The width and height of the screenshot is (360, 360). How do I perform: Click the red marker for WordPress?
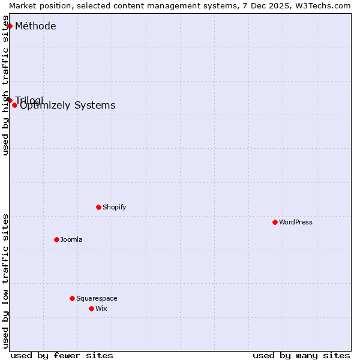pos(275,222)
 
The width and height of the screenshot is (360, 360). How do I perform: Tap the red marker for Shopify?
pos(98,207)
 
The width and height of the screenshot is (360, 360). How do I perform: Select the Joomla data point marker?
pos(56,239)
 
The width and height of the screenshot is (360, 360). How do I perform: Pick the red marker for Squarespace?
pos(72,298)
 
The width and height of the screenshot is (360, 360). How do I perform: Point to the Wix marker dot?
pos(91,308)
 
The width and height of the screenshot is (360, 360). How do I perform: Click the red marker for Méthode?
pos(10,26)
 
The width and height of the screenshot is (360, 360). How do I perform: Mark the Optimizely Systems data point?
pos(14,105)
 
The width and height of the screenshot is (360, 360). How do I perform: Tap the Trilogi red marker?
pos(10,100)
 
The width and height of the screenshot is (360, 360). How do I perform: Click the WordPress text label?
pos(296,222)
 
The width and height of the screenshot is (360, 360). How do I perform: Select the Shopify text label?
pos(115,207)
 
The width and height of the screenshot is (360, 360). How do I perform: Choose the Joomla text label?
pos(71,239)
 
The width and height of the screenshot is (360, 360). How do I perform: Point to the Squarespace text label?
pos(97,298)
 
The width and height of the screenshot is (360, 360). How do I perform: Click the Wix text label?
pos(101,308)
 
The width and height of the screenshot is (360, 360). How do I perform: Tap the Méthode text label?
pos(35,26)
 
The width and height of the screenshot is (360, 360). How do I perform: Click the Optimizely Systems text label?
pos(68,106)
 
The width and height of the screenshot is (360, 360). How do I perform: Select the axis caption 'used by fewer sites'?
pos(62,355)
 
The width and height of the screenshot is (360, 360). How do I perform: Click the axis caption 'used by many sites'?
pos(301,355)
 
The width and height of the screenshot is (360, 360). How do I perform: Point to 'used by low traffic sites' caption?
pos(6,281)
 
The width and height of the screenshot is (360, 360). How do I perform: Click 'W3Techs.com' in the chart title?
pos(322,5)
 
